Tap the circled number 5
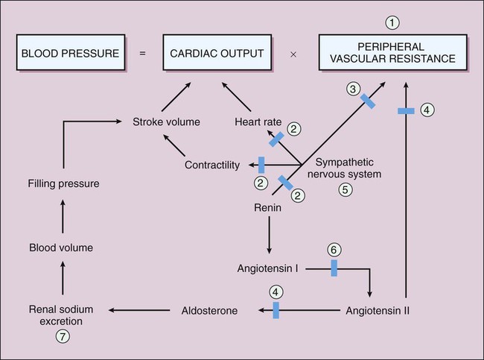[345, 189]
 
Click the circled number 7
[63, 336]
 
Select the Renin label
[267, 209]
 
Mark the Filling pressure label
[63, 182]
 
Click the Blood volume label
[63, 247]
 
